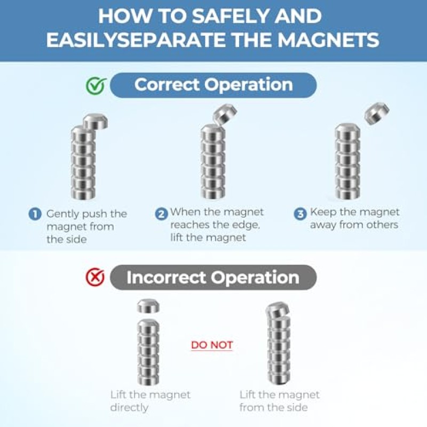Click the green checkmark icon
pyautogui.click(x=96, y=85)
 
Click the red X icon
pyautogui.click(x=95, y=277)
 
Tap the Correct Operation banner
pyautogui.click(x=213, y=85)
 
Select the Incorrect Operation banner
pyautogui.click(x=213, y=277)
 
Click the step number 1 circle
pyautogui.click(x=35, y=214)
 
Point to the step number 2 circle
pyautogui.click(x=161, y=214)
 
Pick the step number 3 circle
pyautogui.click(x=300, y=214)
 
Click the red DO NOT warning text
pyautogui.click(x=212, y=345)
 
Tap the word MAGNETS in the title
pyautogui.click(x=328, y=39)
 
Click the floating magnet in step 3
pyautogui.click(x=377, y=113)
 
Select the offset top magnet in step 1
pyautogui.click(x=95, y=122)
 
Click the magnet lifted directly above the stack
pyautogui.click(x=148, y=305)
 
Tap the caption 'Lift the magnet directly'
pyautogui.click(x=151, y=401)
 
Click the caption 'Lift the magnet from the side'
pyautogui.click(x=279, y=401)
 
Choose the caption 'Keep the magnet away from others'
pyautogui.click(x=354, y=218)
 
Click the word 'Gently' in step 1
pyautogui.click(x=62, y=215)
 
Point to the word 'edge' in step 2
pyautogui.click(x=246, y=225)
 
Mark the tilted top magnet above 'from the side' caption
pyautogui.click(x=277, y=310)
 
